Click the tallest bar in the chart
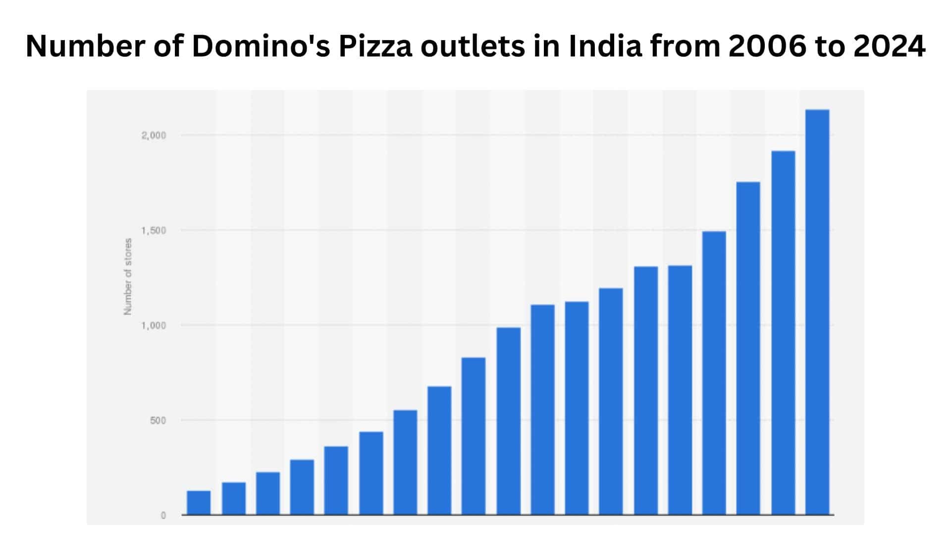coord(817,312)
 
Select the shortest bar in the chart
coord(199,503)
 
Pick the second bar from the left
coord(233,498)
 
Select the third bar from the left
coord(267,493)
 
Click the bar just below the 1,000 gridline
coord(508,421)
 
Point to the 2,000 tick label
coord(154,136)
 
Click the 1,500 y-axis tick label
coord(154,231)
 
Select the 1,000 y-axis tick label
coord(154,326)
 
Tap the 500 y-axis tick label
coord(158,421)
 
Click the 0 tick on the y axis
coord(163,516)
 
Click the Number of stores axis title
coord(128,276)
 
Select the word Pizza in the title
coord(375,47)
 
